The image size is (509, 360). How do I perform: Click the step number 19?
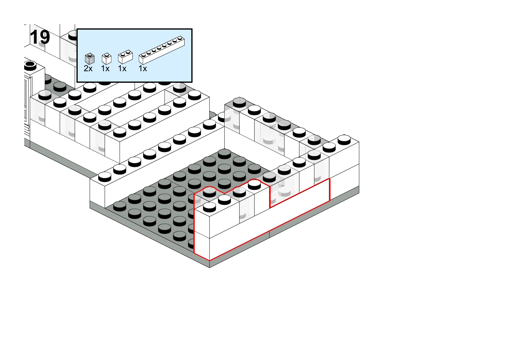click(40, 37)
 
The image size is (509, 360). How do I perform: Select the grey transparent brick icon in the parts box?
click(89, 59)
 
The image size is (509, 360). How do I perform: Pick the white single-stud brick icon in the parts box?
click(107, 59)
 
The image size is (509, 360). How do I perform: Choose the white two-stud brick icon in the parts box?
click(125, 57)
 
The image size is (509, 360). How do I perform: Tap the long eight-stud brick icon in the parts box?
click(162, 50)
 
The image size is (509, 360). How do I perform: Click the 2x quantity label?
click(88, 68)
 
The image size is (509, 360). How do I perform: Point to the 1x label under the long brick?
click(143, 68)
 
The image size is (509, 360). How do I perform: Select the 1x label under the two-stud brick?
click(122, 68)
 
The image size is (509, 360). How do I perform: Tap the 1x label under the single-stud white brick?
click(105, 68)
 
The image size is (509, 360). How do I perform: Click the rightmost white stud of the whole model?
click(344, 139)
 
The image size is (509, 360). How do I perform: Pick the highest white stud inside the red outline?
click(254, 184)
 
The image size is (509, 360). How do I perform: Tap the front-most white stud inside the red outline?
click(209, 207)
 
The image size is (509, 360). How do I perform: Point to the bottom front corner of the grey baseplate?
click(209, 268)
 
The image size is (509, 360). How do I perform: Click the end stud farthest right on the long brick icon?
click(180, 38)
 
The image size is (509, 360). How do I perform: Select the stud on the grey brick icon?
click(90, 54)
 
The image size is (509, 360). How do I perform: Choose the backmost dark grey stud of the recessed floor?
click(224, 154)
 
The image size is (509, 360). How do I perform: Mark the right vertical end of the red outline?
click(329, 190)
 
